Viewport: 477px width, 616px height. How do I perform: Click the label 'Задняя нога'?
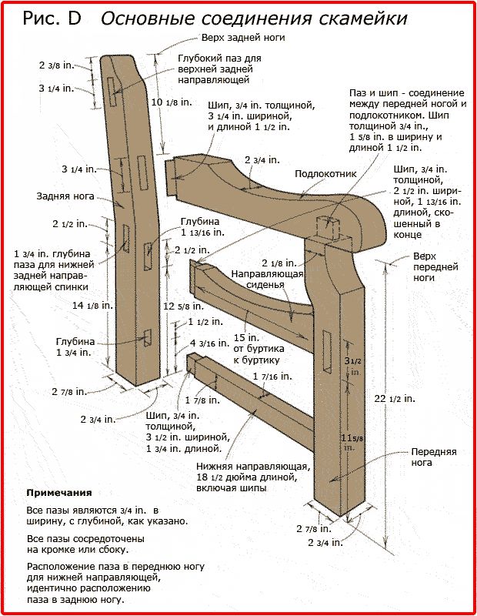(x=65, y=196)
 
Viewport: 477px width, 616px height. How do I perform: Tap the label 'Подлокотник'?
(x=326, y=174)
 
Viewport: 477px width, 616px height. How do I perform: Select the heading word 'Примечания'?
(x=59, y=492)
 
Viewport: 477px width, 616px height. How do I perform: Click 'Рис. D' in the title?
(x=52, y=18)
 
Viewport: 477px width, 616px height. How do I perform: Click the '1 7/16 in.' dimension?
(x=272, y=377)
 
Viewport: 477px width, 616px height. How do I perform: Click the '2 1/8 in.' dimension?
(x=279, y=263)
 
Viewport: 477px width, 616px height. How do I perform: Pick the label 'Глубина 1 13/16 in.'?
(x=203, y=226)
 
